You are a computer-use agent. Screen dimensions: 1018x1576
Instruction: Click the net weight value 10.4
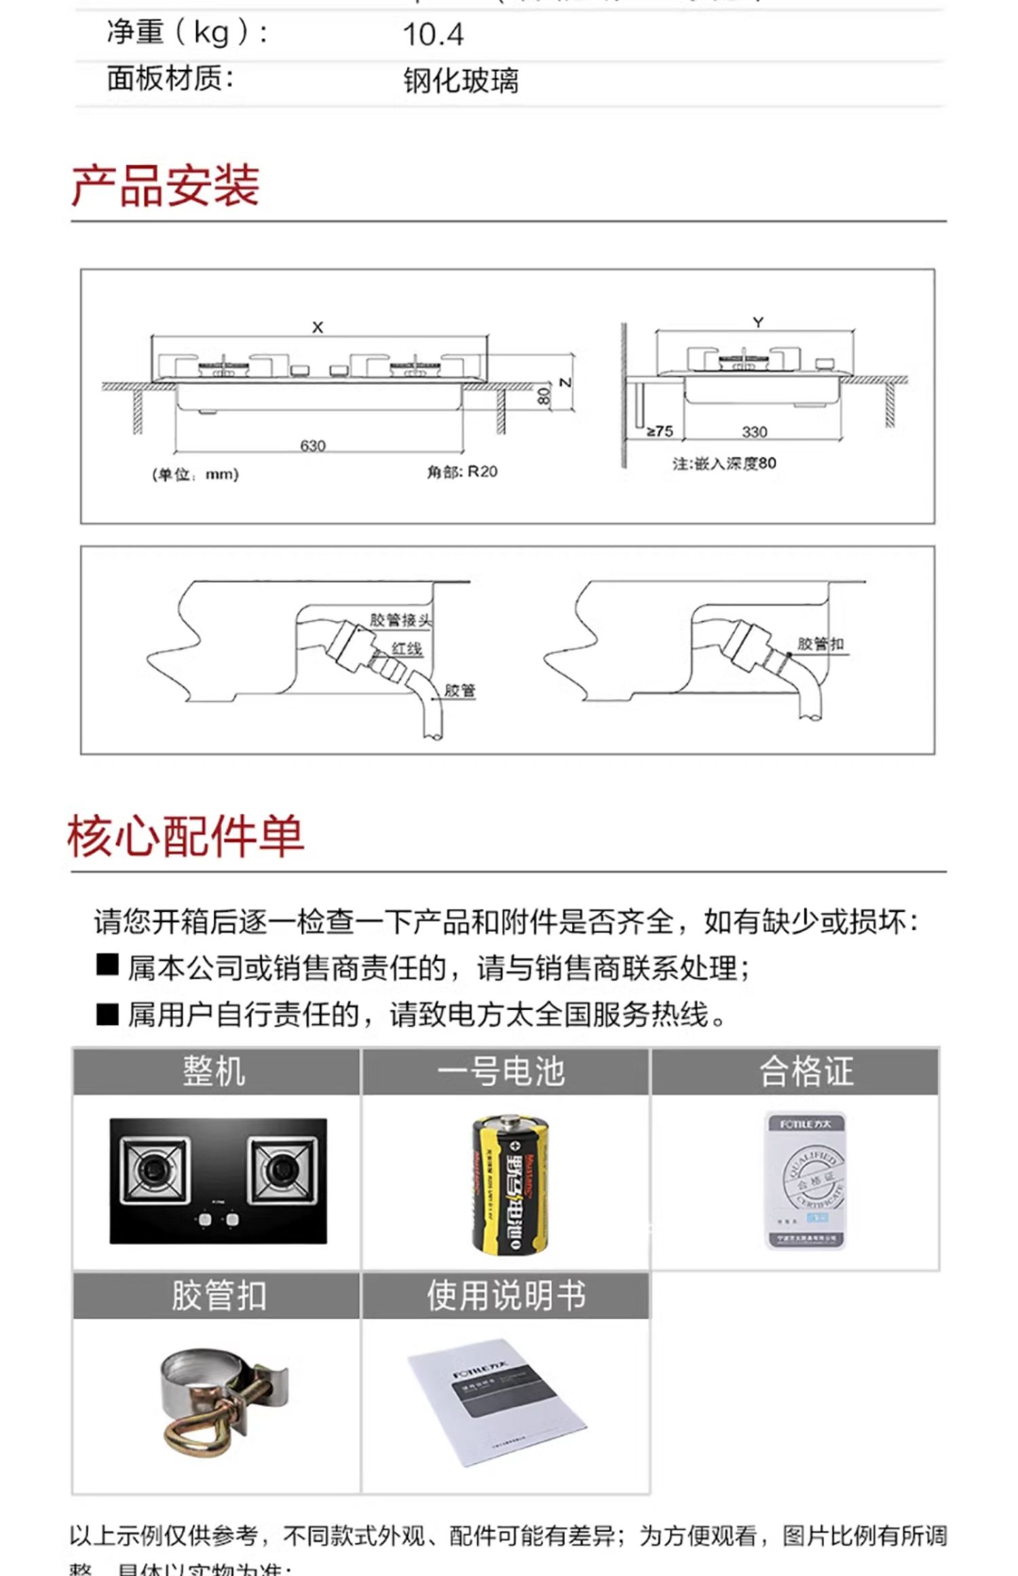coord(433,35)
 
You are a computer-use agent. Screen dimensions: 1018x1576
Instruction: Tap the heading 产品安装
coord(165,185)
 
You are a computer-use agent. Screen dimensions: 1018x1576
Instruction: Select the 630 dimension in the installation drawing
coord(313,446)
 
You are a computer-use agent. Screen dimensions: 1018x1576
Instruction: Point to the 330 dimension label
coord(754,432)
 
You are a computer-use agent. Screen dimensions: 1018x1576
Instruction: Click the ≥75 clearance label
coord(659,431)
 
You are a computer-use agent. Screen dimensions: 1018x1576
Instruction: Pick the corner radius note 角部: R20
coord(461,472)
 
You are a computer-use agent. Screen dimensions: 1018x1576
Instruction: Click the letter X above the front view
coord(318,327)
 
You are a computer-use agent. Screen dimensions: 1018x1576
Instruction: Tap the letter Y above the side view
coord(758,323)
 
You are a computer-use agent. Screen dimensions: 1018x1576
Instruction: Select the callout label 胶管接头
coord(400,620)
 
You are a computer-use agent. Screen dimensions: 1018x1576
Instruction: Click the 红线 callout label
coord(407,648)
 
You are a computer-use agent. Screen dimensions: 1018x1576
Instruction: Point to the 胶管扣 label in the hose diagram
coord(820,643)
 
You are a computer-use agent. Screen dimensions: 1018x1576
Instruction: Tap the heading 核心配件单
coord(185,836)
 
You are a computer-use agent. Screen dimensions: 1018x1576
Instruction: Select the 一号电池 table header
coord(502,1072)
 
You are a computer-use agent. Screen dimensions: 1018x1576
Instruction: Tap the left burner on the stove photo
coord(155,1169)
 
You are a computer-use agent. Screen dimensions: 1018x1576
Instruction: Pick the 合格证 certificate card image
coord(806,1180)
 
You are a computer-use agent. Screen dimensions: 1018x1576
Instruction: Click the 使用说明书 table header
coord(506,1295)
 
